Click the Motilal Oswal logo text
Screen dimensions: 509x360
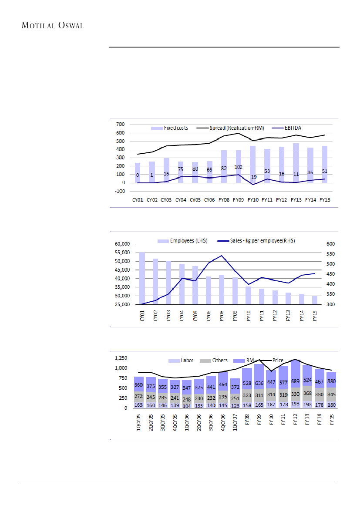click(52, 25)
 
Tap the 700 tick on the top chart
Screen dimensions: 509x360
click(120, 125)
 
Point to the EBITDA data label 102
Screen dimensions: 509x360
click(239, 167)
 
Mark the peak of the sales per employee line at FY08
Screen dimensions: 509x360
click(222, 256)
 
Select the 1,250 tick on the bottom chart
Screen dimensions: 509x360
click(121, 358)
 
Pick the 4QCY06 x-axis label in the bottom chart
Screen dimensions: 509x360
click(223, 421)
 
